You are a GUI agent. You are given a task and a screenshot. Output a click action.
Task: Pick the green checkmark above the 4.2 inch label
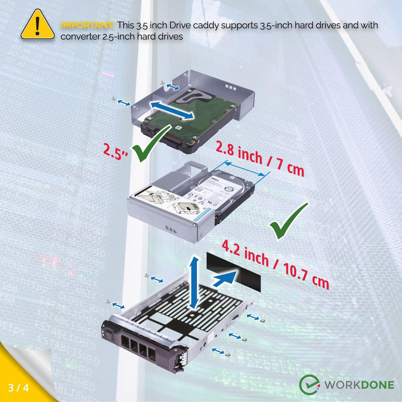coord(288,221)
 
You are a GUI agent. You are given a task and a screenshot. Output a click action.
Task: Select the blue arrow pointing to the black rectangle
coord(225,278)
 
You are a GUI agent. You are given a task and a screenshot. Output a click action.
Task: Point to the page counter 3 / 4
coord(18,387)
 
